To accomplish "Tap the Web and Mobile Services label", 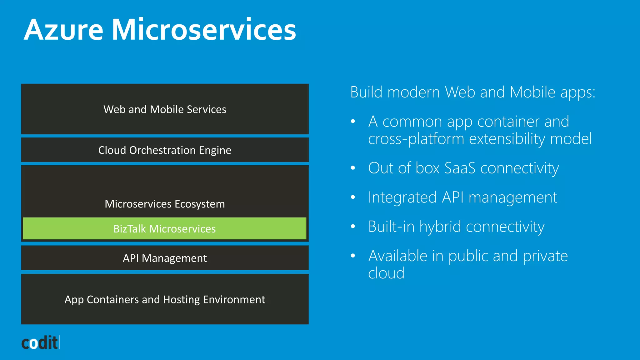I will click(x=165, y=109).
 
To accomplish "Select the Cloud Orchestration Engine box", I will click(x=165, y=150).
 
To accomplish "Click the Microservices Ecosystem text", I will click(x=165, y=204).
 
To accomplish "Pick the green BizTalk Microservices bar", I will click(x=165, y=229).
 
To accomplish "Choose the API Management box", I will click(x=165, y=258).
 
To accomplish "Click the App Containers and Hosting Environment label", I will click(x=165, y=299).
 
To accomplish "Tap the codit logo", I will click(x=40, y=343).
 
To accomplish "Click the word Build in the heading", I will click(x=366, y=92).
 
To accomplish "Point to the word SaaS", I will click(x=460, y=168).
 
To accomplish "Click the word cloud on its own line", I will click(x=386, y=273).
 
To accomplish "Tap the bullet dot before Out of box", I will click(x=353, y=168).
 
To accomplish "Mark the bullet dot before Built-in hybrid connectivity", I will click(x=353, y=227).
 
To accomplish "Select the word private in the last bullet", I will click(x=545, y=256).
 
